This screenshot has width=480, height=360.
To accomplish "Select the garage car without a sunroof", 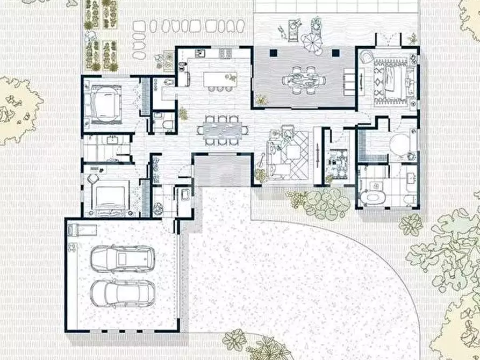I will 121,293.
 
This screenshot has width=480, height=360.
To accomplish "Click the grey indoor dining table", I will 223,129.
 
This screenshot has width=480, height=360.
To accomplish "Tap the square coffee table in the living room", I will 293,153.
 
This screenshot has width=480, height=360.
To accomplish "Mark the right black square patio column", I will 336,53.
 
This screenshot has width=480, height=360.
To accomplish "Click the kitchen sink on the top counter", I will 200,53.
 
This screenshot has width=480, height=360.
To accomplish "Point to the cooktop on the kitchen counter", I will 225,53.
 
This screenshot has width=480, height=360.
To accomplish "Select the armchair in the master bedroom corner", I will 368,57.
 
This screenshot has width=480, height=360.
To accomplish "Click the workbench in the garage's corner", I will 81,230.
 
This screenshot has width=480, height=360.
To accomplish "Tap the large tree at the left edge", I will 16,110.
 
